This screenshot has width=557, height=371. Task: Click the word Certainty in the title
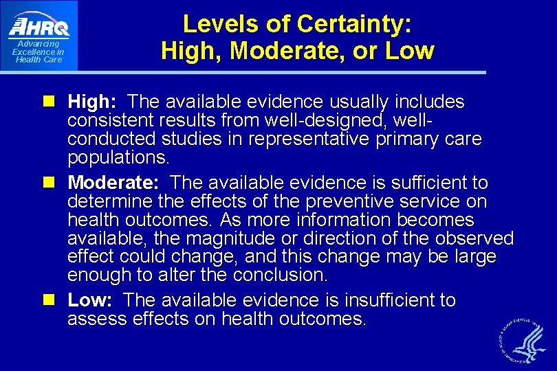(x=353, y=25)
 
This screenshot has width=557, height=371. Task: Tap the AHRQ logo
(x=39, y=27)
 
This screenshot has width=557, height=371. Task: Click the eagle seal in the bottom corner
(x=523, y=339)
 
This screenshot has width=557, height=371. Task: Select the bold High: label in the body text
(x=92, y=102)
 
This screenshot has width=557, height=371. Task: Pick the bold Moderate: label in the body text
(x=113, y=183)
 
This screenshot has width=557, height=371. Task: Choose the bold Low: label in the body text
(x=89, y=300)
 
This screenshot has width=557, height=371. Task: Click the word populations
(x=116, y=158)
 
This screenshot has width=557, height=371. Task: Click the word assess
(x=93, y=319)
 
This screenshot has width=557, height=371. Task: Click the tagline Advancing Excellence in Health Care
(x=39, y=52)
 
